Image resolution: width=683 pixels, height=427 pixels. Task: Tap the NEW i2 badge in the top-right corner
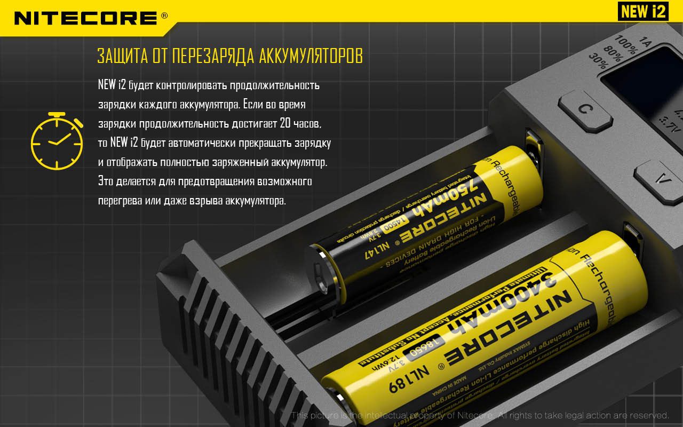pos(643,11)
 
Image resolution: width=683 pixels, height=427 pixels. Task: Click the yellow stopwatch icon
pos(57,141)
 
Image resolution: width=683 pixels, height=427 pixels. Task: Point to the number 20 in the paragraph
pos(285,124)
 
